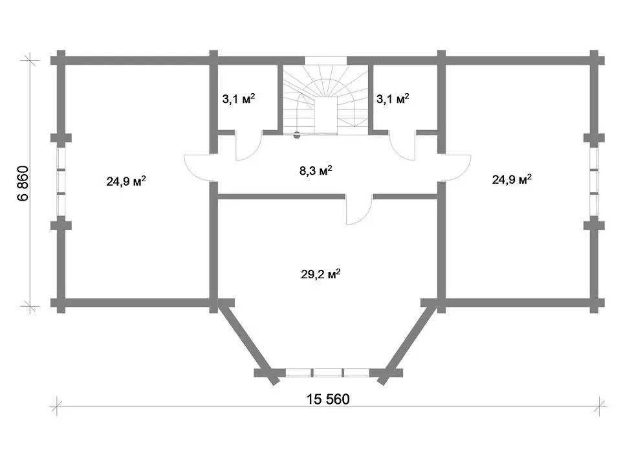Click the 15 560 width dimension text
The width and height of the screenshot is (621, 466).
coord(328,399)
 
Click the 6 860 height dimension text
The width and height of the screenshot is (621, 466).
coord(23,183)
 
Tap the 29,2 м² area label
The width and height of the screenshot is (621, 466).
coord(321,274)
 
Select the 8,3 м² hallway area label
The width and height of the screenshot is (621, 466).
coord(316,171)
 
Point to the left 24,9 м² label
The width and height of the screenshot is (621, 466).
coord(126,181)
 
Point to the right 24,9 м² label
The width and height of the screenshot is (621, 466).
coord(512,179)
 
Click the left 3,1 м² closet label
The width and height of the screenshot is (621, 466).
coord(239,98)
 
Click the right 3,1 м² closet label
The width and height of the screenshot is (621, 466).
coord(393,98)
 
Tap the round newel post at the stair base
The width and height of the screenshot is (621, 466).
coord(297,135)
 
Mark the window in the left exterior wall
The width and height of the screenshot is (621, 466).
coord(61,182)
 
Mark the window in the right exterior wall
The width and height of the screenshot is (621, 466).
coord(594,182)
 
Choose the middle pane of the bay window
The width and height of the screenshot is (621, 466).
coord(327,373)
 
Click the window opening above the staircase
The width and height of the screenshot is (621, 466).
coord(325,61)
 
